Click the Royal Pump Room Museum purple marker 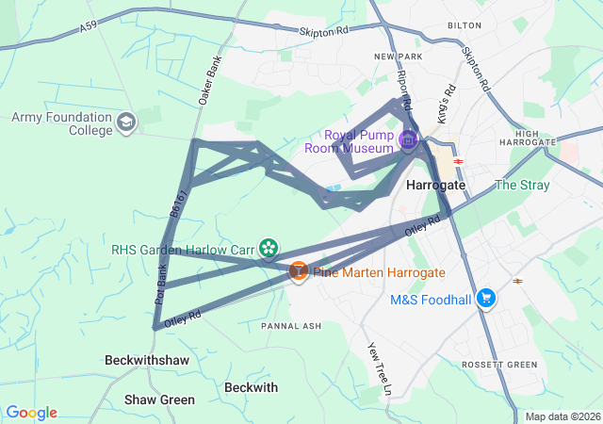[408, 141]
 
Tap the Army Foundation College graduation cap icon [126, 122]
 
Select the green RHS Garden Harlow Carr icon [269, 249]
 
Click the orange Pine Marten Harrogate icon [298, 271]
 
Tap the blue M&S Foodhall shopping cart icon [486, 299]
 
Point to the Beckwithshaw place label [148, 361]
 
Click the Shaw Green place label [160, 400]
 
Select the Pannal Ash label [291, 326]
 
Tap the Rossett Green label [499, 364]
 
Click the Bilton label [464, 26]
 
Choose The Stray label [521, 185]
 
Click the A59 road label [90, 29]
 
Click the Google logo [31, 413]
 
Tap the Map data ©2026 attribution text [562, 416]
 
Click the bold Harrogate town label [435, 186]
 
